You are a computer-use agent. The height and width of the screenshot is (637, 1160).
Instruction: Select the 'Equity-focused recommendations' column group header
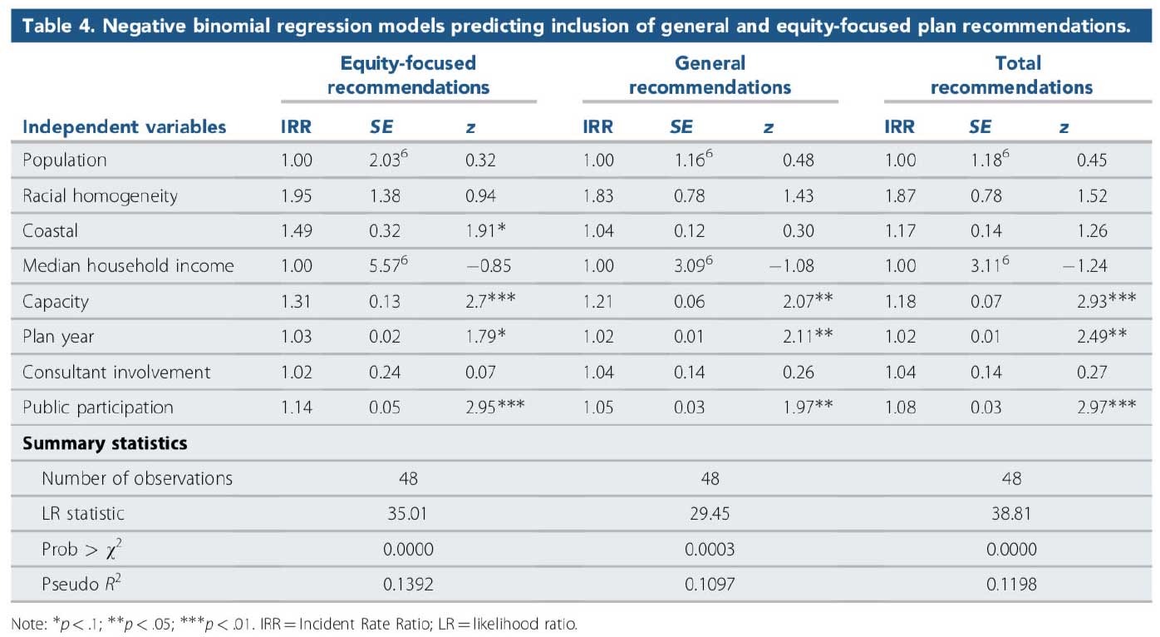coord(408,75)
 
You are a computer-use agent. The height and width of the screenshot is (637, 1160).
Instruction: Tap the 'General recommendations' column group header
coord(710,75)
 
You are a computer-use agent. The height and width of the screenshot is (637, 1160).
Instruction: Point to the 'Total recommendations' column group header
coord(1011,75)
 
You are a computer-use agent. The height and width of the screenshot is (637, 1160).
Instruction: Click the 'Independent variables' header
coord(124,127)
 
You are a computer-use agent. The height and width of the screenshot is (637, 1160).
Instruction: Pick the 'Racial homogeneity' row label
coord(100,196)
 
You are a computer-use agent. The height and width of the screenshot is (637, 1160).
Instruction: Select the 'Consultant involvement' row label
coord(116,372)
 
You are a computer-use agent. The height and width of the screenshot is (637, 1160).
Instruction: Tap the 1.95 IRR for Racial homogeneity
coord(297,196)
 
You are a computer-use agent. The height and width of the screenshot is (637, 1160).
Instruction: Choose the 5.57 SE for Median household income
coord(388,266)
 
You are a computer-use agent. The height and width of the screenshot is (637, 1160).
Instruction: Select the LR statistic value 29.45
coord(710,514)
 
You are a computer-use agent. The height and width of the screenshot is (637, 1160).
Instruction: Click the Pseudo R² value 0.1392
coord(408,585)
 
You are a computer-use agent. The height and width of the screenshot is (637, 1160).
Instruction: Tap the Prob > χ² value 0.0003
coord(710,549)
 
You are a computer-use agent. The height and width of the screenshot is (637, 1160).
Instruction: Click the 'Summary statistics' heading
coord(105,443)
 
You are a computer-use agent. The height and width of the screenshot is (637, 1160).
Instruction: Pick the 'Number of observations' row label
coord(137,478)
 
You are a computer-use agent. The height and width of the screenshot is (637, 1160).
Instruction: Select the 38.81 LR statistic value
coord(1011,514)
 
